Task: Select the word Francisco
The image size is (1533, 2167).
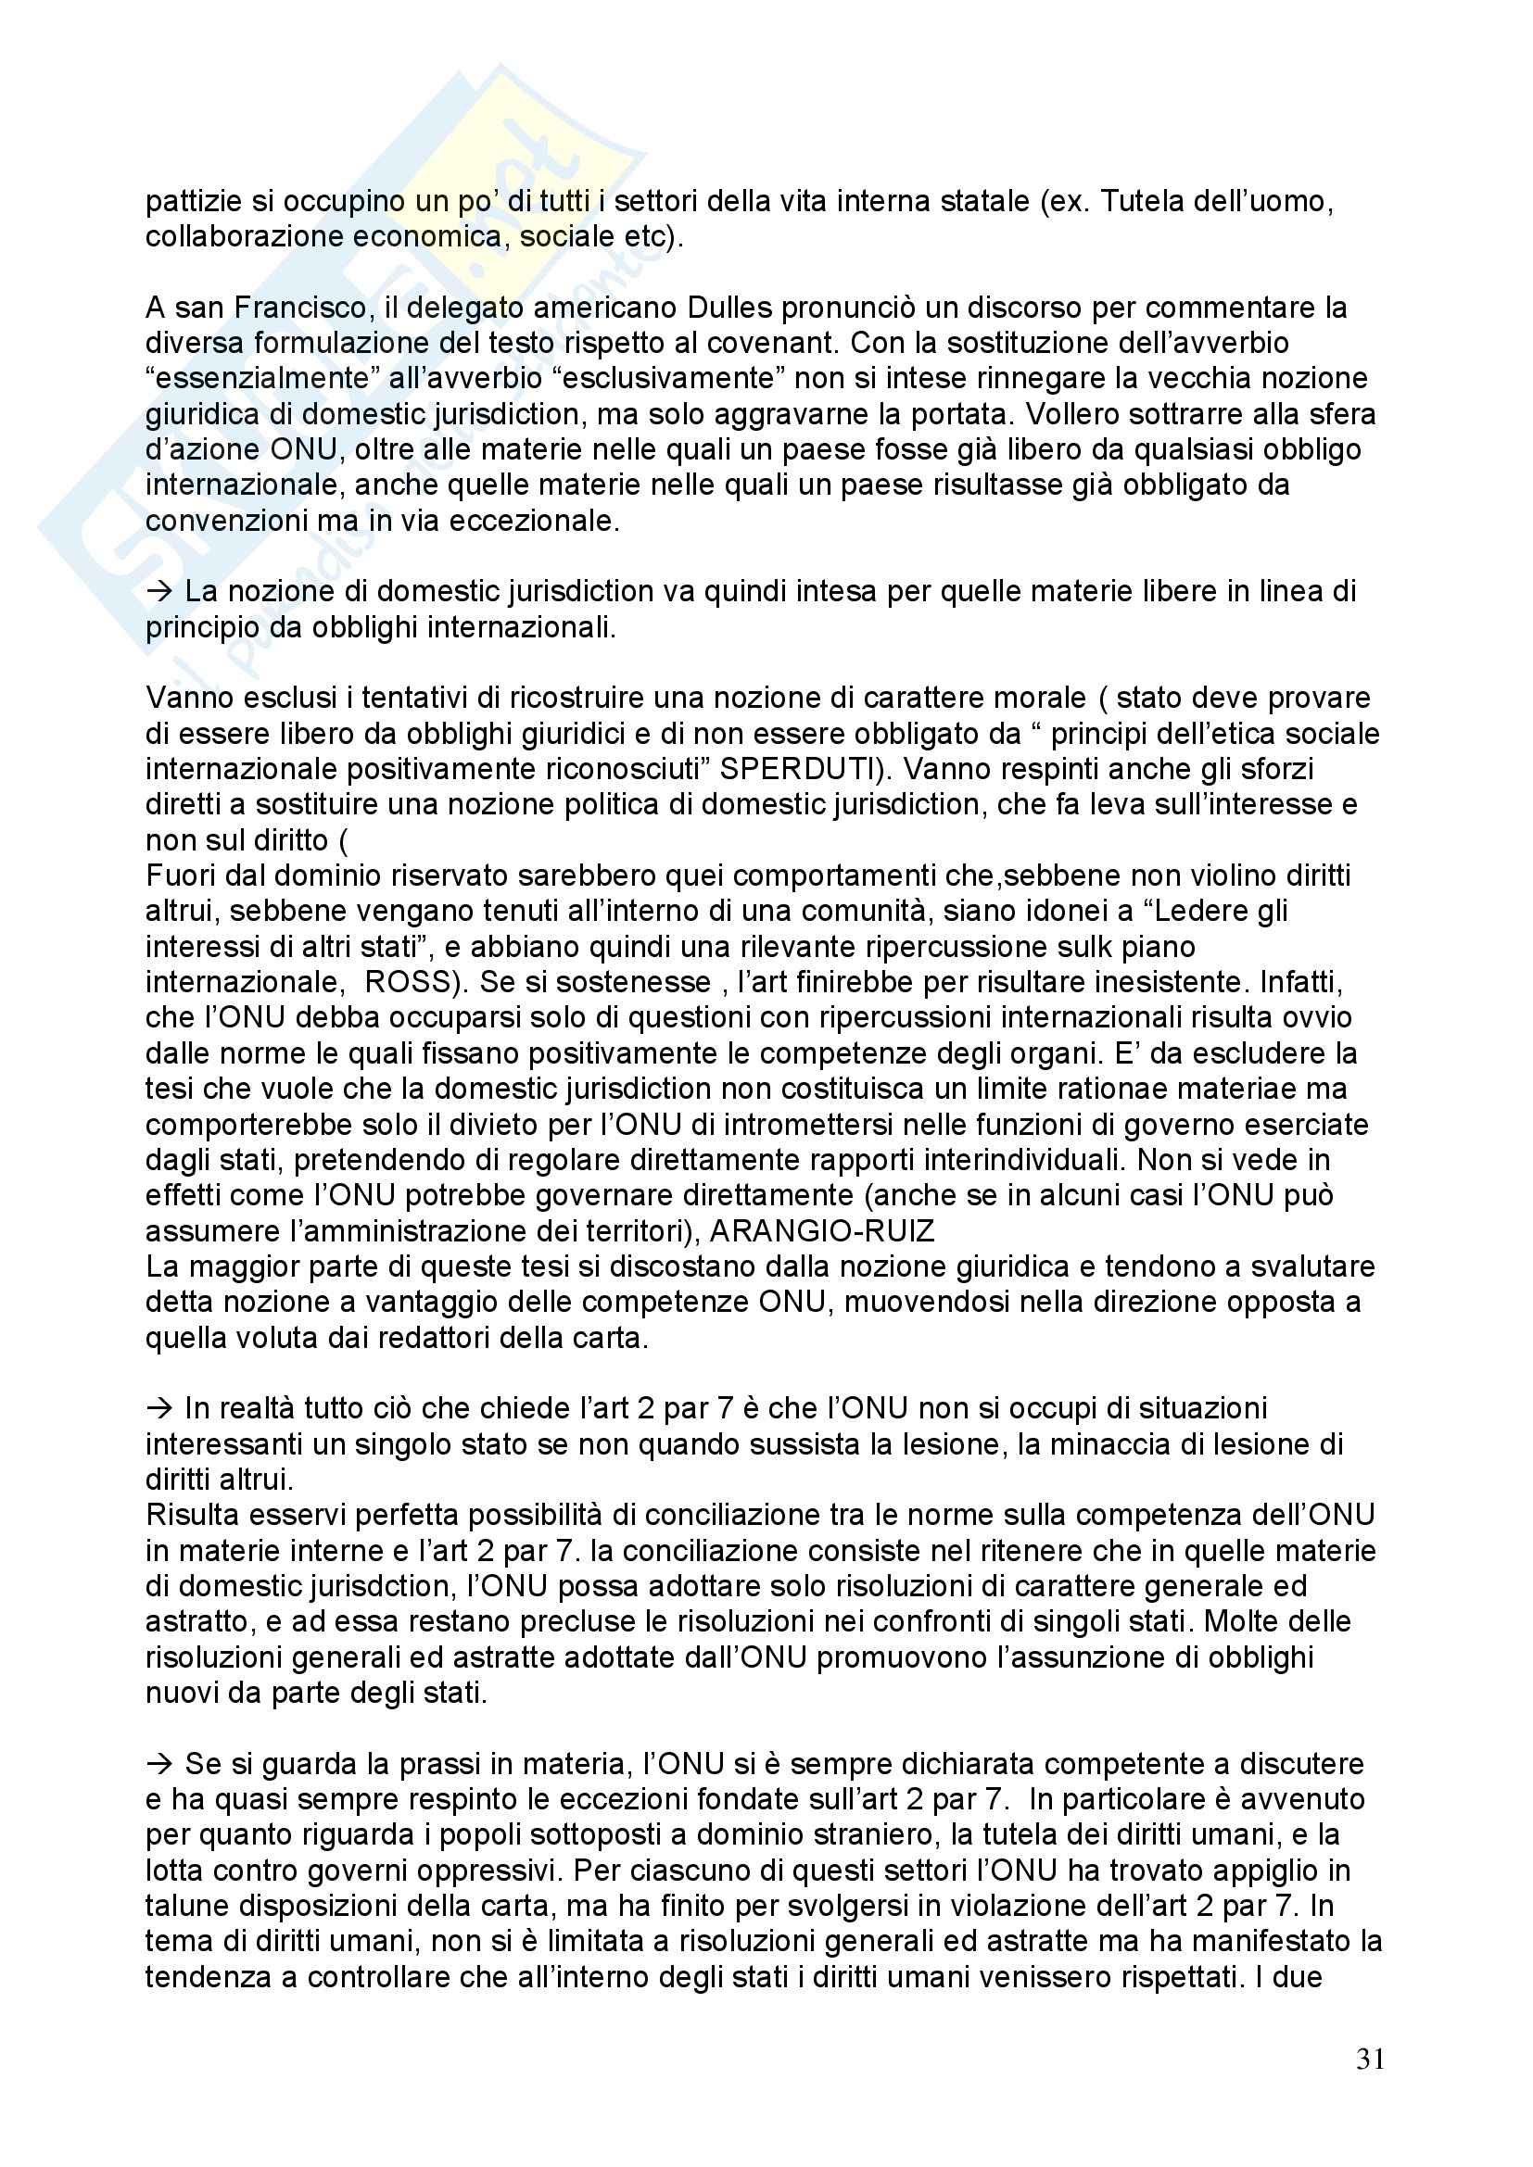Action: (x=298, y=308)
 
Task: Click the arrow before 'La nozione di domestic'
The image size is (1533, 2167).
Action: (x=159, y=592)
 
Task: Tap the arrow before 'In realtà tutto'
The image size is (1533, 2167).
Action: (x=159, y=1408)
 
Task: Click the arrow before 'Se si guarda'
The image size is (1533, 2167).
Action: (x=159, y=1764)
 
